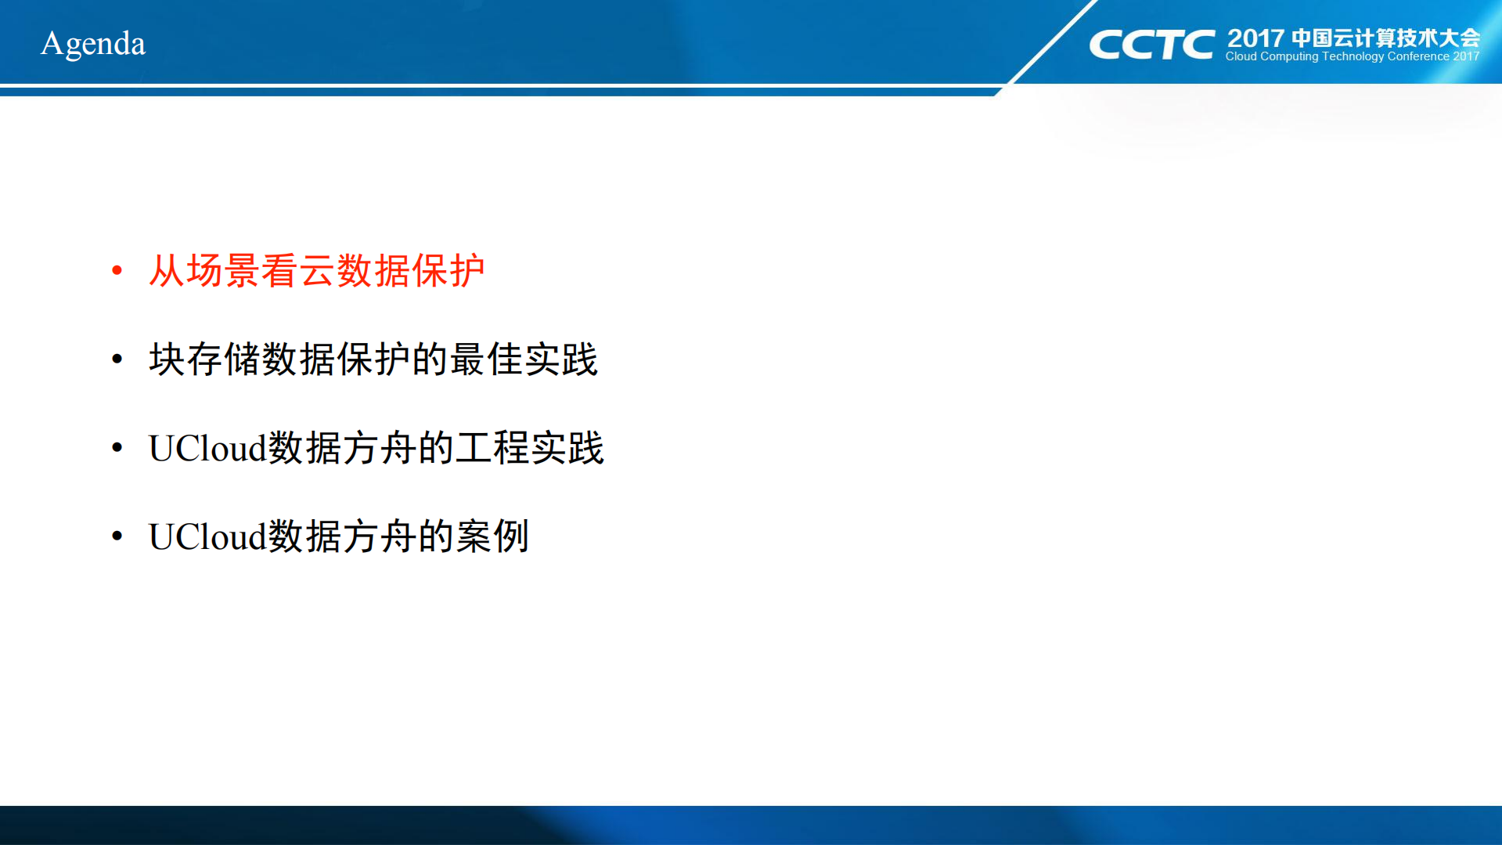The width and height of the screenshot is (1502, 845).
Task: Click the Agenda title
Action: [93, 44]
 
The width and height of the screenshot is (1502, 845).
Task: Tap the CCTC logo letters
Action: [1151, 45]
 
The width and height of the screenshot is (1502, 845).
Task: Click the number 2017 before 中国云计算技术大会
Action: [1255, 38]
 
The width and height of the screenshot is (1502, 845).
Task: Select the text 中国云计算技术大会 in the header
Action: [1385, 38]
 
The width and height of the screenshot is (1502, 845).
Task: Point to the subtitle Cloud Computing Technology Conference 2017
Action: [1352, 56]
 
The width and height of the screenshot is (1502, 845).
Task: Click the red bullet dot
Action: [117, 271]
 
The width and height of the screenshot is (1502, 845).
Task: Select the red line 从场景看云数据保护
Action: [317, 271]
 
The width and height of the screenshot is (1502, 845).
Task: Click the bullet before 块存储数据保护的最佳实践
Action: [117, 359]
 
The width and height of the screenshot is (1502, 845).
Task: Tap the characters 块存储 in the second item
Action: [205, 359]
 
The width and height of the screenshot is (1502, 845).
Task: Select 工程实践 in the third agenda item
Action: [530, 448]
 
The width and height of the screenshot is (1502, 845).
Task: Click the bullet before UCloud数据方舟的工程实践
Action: [117, 448]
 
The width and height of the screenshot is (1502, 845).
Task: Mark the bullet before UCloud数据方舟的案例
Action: [117, 536]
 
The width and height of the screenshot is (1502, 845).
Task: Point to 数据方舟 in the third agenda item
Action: [342, 448]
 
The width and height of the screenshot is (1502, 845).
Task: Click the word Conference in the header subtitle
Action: [1418, 56]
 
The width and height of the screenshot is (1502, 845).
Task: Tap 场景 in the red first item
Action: [223, 271]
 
